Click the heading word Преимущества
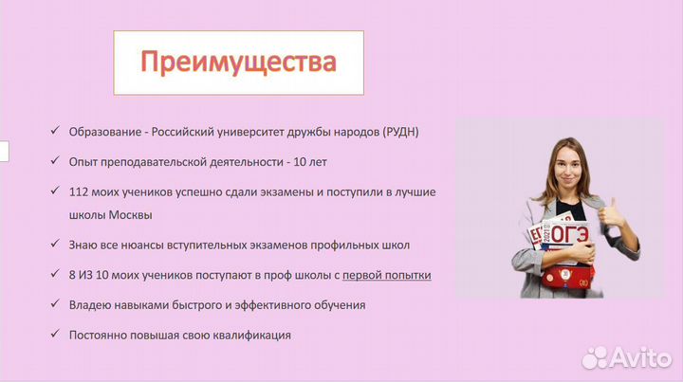(x=238, y=63)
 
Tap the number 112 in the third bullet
(x=80, y=191)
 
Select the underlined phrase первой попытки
(x=386, y=275)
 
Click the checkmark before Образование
(x=58, y=131)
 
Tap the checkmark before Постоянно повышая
(x=58, y=335)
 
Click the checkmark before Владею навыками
(x=58, y=305)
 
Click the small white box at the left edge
(x=4, y=151)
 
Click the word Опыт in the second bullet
(x=83, y=161)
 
